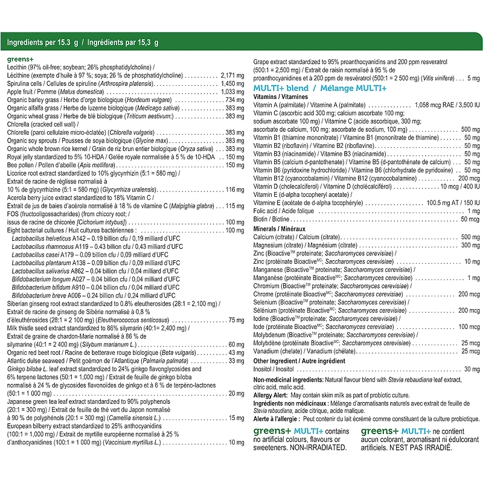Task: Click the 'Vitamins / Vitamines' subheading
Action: coord(281,97)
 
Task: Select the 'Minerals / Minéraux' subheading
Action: coord(280,229)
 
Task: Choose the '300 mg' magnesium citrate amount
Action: coord(470,245)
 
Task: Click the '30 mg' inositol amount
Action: coord(471,369)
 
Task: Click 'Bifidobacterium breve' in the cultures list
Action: coord(39,296)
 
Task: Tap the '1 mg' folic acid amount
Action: coord(473,211)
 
